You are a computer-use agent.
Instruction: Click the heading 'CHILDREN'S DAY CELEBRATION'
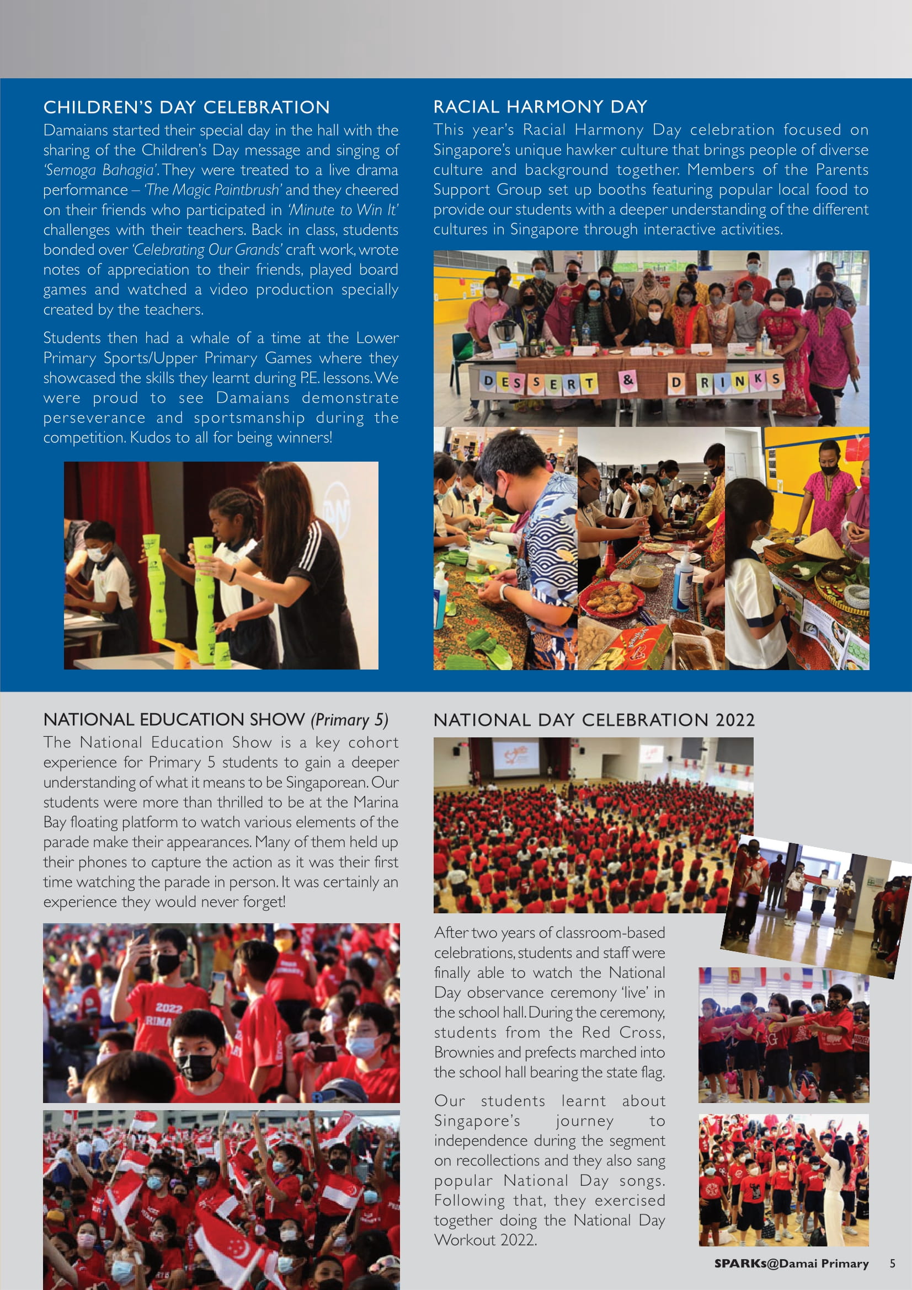click(x=186, y=108)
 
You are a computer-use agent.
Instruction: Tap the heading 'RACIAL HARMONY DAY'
click(x=540, y=107)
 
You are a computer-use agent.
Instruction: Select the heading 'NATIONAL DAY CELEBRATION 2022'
click(x=594, y=720)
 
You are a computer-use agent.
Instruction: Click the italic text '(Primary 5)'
click(x=349, y=720)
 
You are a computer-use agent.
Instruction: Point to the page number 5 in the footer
click(x=892, y=1264)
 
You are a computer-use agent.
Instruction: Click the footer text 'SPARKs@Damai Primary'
click(x=791, y=1264)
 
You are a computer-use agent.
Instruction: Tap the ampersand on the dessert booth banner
click(x=628, y=380)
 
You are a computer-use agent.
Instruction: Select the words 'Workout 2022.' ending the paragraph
click(x=485, y=1240)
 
